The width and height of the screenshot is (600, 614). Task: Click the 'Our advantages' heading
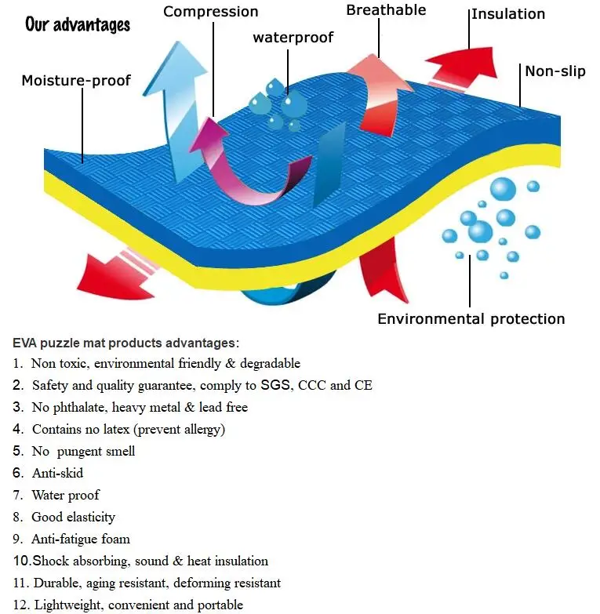click(x=78, y=24)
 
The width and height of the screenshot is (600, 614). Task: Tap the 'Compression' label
click(x=210, y=12)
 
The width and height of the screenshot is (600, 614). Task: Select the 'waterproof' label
click(x=293, y=38)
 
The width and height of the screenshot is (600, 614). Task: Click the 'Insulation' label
click(x=507, y=14)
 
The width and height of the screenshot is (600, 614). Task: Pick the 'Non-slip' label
click(x=555, y=71)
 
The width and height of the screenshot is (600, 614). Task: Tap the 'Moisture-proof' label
click(x=76, y=80)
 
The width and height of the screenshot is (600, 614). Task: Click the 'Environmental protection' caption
click(x=471, y=318)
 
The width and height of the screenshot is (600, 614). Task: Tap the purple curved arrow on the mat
click(x=227, y=161)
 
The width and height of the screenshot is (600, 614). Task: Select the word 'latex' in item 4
click(x=125, y=429)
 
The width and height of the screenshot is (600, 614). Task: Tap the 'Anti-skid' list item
click(x=57, y=473)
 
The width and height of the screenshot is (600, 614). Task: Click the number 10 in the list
click(x=21, y=561)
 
